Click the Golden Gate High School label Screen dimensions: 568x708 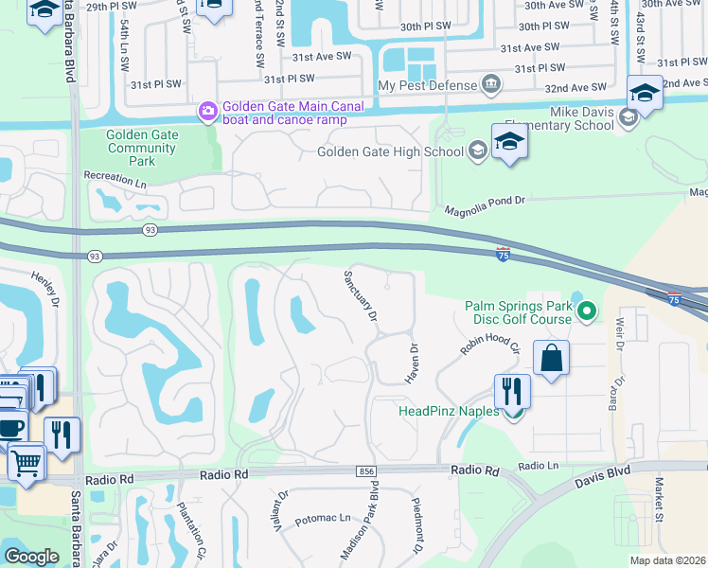point(390,151)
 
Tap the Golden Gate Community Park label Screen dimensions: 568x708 point(142,149)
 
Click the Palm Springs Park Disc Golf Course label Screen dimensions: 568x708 point(518,312)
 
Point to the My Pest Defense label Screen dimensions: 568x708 point(426,85)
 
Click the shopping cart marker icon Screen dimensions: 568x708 point(27,462)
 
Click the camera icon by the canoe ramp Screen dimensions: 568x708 point(207,113)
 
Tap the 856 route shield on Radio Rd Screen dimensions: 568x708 point(366,471)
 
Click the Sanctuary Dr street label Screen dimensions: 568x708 point(360,293)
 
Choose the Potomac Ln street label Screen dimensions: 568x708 point(323,521)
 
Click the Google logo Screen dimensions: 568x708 point(31,557)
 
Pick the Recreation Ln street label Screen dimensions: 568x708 point(115,178)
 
